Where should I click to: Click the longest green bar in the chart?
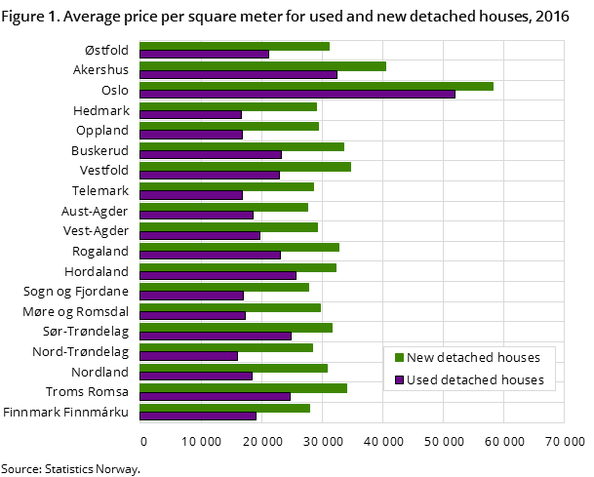pyautogui.click(x=316, y=86)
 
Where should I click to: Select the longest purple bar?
pyautogui.click(x=297, y=94)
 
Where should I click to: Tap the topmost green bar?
pyautogui.click(x=234, y=46)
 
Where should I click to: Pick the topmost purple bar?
pyautogui.click(x=204, y=54)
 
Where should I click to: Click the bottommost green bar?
pyautogui.click(x=224, y=408)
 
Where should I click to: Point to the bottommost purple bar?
pyautogui.click(x=198, y=416)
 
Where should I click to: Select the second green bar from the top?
pyautogui.click(x=262, y=66)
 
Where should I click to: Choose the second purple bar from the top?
pyautogui.click(x=238, y=74)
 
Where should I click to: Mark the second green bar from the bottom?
pyautogui.click(x=243, y=387)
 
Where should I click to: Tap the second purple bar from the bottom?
pyautogui.click(x=215, y=396)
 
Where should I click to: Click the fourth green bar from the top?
pyautogui.click(x=228, y=106)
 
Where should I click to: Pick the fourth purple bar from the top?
pyautogui.click(x=190, y=114)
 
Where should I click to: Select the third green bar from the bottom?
pyautogui.click(x=233, y=368)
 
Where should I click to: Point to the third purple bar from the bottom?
pyautogui.click(x=195, y=376)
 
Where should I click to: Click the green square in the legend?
pyautogui.click(x=399, y=358)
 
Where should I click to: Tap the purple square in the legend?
pyautogui.click(x=399, y=380)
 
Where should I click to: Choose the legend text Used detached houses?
pyautogui.click(x=475, y=380)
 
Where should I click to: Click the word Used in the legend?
pyautogui.click(x=421, y=380)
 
